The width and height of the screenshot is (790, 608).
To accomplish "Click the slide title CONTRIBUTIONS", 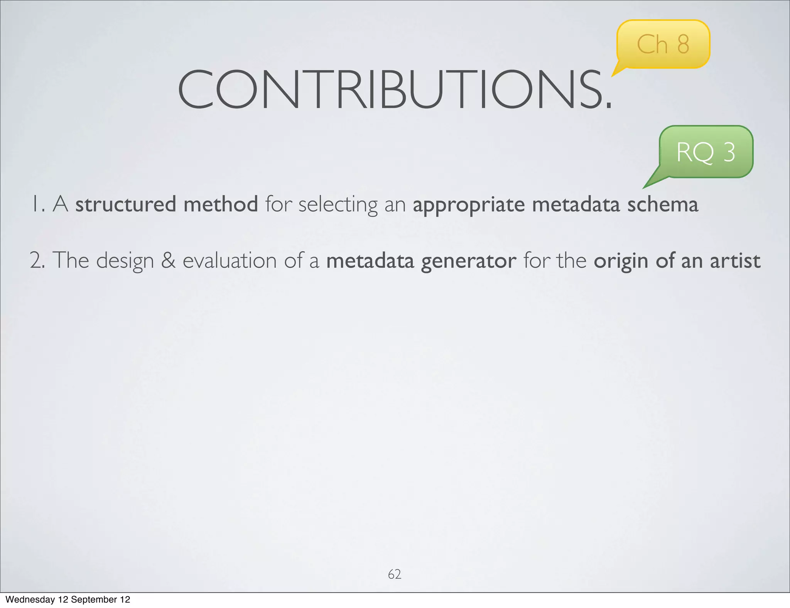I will pyautogui.click(x=394, y=90).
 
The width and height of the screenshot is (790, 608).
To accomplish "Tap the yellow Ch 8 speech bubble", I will pyautogui.click(x=663, y=44).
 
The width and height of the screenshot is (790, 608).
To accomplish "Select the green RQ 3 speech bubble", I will pyautogui.click(x=706, y=152).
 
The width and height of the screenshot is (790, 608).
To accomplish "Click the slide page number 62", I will pyautogui.click(x=394, y=574).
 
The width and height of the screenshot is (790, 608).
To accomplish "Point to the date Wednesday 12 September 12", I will pyautogui.click(x=68, y=600).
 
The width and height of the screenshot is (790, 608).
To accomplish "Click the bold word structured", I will pyautogui.click(x=125, y=204).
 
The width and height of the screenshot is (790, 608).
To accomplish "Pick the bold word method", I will pyautogui.click(x=221, y=204).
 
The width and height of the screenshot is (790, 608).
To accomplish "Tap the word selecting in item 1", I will pyautogui.click(x=338, y=205).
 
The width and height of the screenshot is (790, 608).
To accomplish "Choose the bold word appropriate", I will pyautogui.click(x=469, y=205).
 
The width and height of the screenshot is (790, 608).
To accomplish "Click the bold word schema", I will pyautogui.click(x=662, y=204).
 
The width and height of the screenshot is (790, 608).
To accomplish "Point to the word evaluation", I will pyautogui.click(x=230, y=260).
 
